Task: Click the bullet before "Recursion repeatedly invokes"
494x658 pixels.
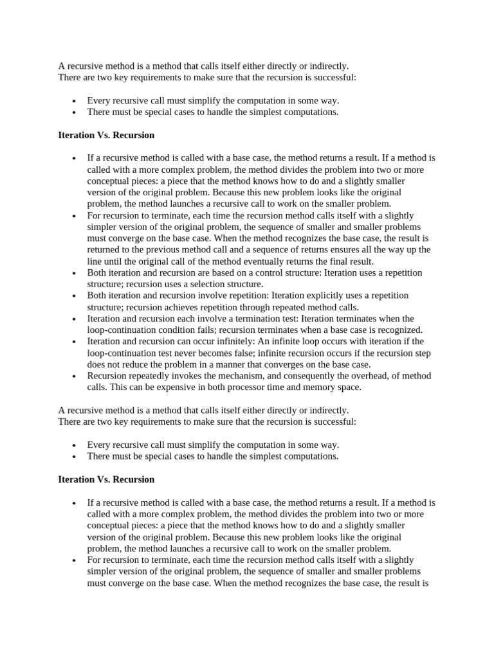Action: [75, 376]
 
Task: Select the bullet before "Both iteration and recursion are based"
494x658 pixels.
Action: [75, 272]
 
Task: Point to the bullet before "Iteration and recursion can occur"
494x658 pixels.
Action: [75, 341]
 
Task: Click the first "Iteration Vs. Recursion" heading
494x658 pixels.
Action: [106, 136]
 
